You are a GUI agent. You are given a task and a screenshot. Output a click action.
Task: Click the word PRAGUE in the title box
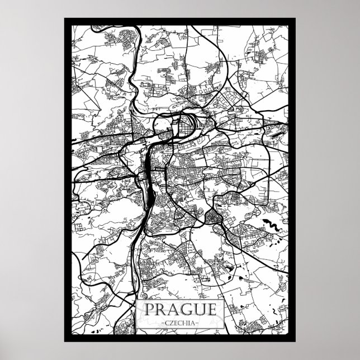click(180, 309)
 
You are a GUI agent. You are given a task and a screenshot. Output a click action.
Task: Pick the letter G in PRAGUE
click(186, 309)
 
